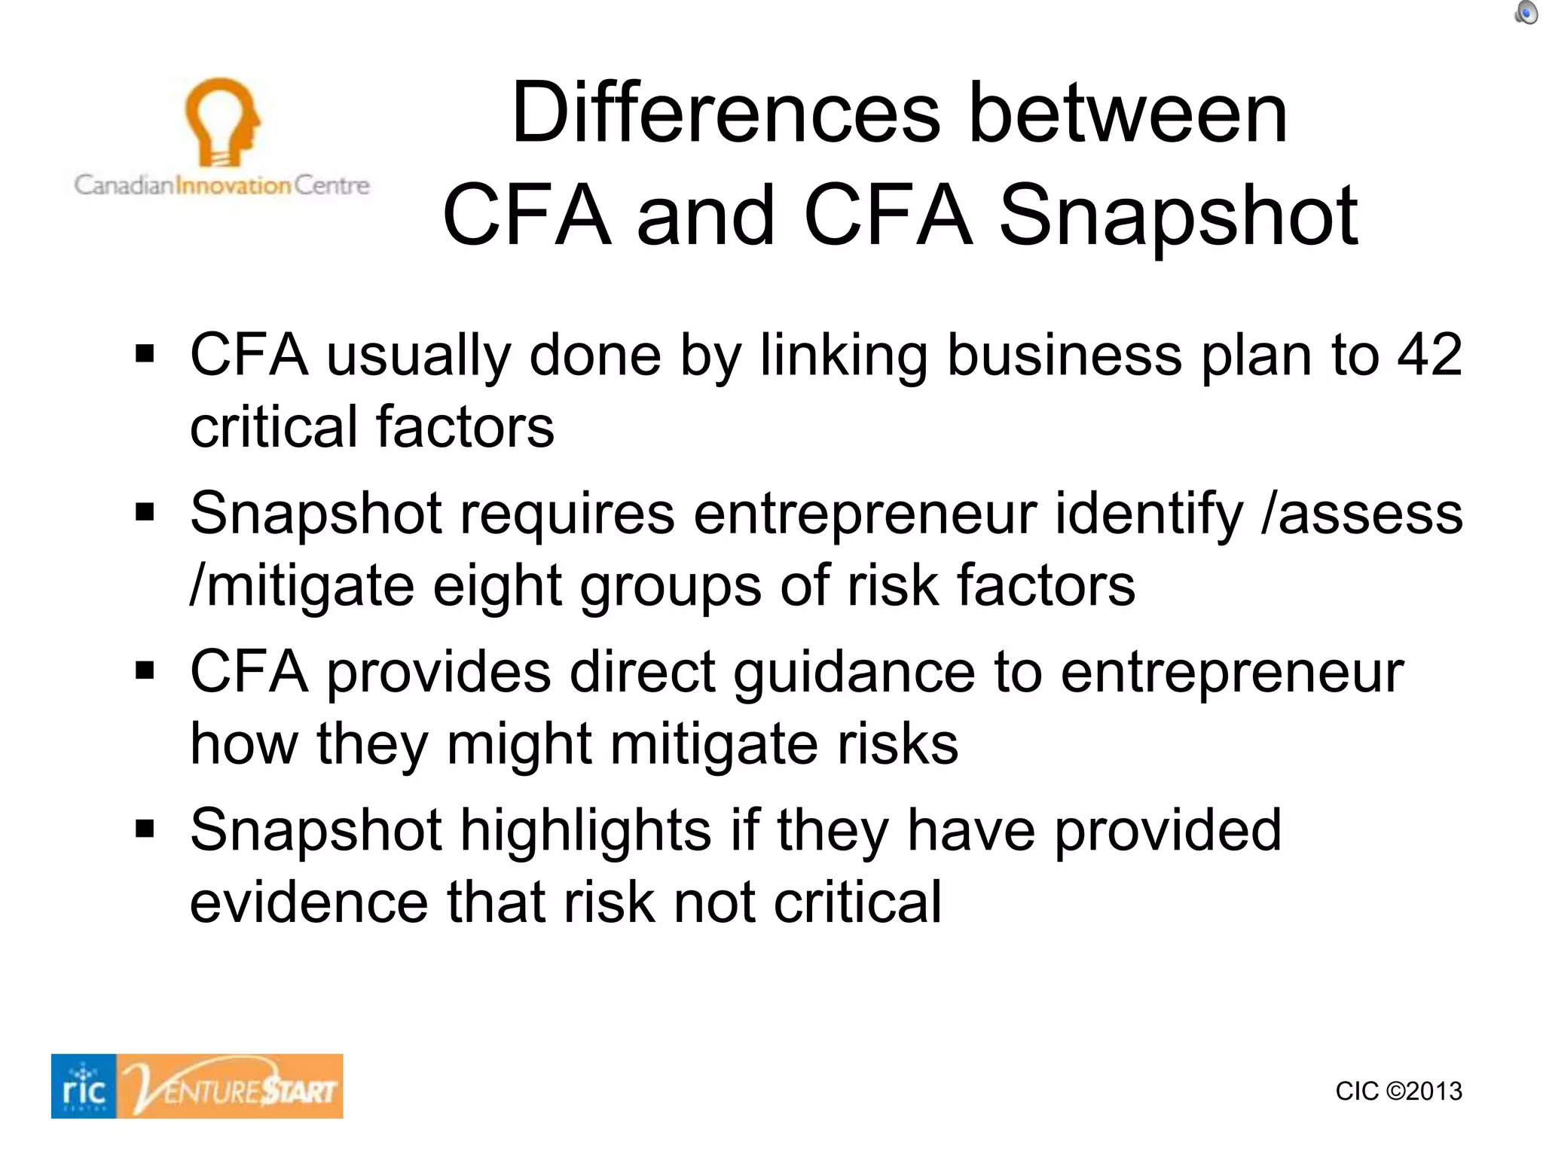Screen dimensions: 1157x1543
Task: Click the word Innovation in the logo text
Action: click(233, 185)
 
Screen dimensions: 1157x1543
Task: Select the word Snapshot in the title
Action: click(1178, 216)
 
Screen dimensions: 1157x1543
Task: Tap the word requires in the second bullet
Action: click(568, 514)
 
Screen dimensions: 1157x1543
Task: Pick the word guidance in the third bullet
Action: click(854, 673)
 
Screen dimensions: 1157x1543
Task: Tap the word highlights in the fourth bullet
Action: click(585, 831)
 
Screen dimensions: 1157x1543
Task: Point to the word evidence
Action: click(309, 902)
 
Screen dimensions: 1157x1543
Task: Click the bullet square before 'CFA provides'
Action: click(145, 670)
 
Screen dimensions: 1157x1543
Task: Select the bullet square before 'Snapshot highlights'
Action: click(145, 829)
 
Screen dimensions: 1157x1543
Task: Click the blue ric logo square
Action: click(84, 1086)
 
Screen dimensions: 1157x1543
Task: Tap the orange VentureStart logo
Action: click(231, 1086)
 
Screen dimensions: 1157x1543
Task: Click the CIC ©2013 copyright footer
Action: click(1398, 1091)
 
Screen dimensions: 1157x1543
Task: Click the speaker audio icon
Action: click(1526, 13)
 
